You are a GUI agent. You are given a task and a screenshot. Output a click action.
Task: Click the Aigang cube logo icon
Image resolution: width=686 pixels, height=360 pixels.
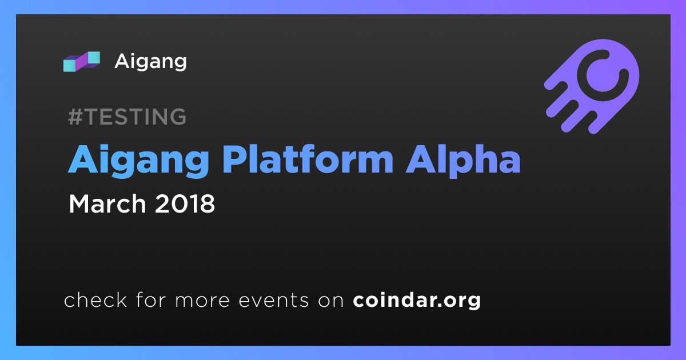click(x=81, y=62)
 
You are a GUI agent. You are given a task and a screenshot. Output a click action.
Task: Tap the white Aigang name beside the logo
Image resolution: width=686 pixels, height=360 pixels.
click(x=150, y=62)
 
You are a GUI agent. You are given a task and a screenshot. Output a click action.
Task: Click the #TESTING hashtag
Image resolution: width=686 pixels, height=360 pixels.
click(x=127, y=117)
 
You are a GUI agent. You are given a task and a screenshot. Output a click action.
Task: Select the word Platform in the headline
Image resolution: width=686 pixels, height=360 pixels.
click(x=308, y=160)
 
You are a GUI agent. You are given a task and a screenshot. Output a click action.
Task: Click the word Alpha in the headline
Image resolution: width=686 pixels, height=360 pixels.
click(x=463, y=161)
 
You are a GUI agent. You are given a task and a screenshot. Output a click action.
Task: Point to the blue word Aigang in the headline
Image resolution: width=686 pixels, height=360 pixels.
click(x=139, y=161)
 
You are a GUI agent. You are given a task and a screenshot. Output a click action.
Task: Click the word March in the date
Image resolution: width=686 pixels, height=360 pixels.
click(x=107, y=203)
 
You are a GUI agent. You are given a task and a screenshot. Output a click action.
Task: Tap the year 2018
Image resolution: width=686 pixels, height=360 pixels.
click(x=185, y=204)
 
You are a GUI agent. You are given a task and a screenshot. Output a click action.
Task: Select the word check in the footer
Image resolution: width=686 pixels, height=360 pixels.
click(x=95, y=299)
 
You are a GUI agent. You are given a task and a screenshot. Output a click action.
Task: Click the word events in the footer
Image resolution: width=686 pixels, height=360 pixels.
click(x=274, y=301)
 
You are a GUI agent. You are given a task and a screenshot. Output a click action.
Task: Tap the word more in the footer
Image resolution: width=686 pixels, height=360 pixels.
click(x=202, y=301)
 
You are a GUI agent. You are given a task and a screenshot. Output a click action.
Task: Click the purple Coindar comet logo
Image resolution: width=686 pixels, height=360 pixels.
click(x=592, y=86)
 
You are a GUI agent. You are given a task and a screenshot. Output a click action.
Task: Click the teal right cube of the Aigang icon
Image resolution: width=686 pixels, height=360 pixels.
click(x=93, y=58)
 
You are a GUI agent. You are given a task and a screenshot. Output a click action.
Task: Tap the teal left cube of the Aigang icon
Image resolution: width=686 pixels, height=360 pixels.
click(x=70, y=65)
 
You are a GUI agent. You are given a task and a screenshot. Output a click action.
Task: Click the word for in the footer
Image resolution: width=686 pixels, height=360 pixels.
click(x=151, y=299)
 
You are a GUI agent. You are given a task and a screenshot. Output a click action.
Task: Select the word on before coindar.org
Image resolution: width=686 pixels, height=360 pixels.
click(x=331, y=301)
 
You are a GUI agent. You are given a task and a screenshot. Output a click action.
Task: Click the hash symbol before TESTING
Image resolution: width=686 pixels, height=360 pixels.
click(x=75, y=117)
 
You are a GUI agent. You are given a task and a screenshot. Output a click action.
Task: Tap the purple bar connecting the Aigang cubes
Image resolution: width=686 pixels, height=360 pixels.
click(x=82, y=62)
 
